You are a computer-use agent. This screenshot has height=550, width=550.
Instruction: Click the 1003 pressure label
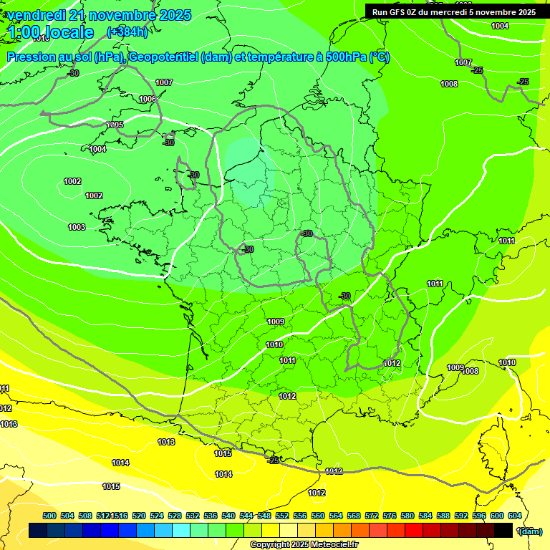click(77, 227)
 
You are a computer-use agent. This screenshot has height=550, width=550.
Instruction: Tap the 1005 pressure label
click(115, 125)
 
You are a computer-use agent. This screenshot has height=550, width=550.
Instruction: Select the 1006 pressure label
click(148, 99)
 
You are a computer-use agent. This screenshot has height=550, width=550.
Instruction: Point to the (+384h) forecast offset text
click(127, 32)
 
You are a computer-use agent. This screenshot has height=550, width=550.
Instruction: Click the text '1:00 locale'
click(51, 32)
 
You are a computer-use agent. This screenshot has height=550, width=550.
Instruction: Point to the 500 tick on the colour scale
click(49, 516)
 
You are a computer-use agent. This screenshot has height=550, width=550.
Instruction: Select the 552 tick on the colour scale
click(282, 516)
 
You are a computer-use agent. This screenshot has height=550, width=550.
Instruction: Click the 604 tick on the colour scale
click(515, 516)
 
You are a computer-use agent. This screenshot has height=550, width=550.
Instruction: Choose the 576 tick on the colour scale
click(390, 516)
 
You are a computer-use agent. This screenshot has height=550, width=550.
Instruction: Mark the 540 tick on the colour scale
click(228, 516)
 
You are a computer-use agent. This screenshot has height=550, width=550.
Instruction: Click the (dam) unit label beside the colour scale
click(530, 531)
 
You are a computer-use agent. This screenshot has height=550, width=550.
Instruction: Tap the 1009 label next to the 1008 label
click(455, 367)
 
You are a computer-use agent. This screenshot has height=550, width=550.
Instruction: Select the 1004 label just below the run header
click(500, 26)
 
